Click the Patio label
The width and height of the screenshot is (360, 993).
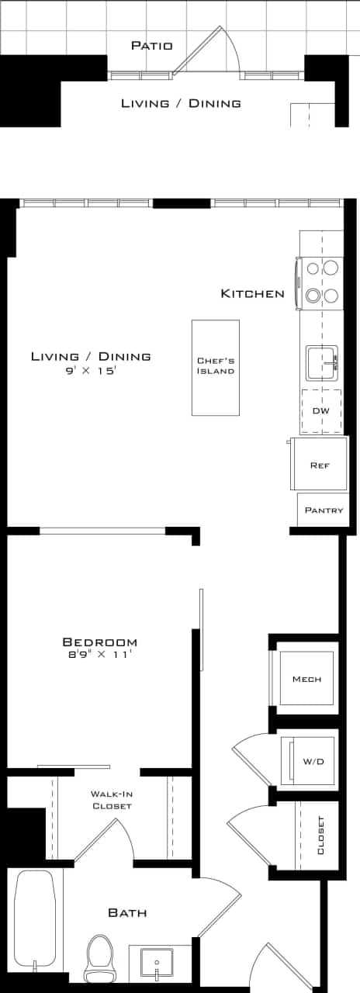151,46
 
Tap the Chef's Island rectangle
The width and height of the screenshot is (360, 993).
216,367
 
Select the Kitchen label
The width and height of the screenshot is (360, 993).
253,293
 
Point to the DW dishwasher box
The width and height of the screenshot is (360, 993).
321,410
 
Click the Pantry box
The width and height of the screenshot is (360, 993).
324,510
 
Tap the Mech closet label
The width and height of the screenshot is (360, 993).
306,679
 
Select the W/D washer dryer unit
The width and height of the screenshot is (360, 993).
308,761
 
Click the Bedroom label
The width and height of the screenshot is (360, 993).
100,642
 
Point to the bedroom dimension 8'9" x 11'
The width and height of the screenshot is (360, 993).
100,656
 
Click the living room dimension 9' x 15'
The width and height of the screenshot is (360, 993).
91,371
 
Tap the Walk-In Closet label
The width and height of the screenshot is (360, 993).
111,800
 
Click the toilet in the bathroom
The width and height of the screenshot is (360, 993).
99,957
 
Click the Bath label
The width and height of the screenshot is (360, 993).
127,913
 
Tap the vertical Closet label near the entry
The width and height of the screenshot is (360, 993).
321,836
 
